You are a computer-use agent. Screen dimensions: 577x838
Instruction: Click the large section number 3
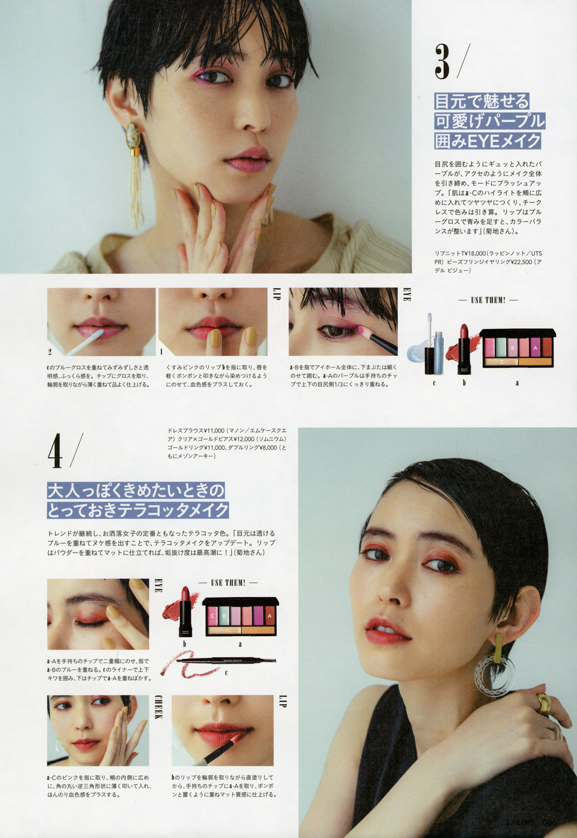tap(443, 62)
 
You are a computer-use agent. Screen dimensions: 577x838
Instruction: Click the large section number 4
tap(55, 450)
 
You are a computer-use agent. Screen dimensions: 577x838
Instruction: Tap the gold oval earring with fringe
tap(135, 173)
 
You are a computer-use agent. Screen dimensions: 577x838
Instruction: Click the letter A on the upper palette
tap(535, 348)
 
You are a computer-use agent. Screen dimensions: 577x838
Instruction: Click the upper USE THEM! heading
tap(488, 300)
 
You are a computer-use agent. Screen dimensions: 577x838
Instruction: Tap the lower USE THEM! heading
tap(228, 583)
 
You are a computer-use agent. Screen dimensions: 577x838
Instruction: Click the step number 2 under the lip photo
tap(50, 352)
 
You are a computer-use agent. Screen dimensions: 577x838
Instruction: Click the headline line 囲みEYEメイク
tap(488, 141)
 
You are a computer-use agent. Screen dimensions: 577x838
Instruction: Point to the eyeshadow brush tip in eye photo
tap(362, 330)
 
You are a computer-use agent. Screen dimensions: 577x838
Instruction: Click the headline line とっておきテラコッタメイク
tap(138, 510)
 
